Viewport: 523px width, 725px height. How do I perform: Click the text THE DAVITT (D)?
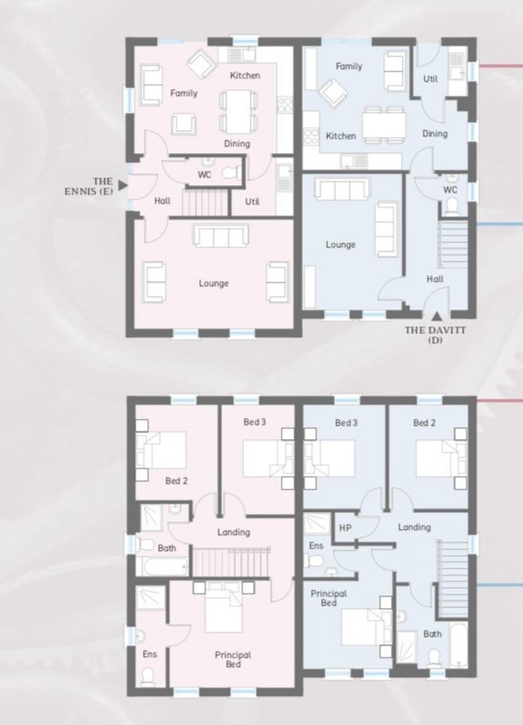point(435,334)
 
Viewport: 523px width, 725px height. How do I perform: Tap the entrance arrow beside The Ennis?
point(122,185)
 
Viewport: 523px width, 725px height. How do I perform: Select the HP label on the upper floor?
point(346,528)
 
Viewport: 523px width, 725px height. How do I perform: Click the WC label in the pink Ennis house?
point(205,173)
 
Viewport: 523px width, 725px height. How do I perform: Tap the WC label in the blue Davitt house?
point(450,190)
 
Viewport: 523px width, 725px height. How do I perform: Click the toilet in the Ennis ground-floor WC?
point(230,172)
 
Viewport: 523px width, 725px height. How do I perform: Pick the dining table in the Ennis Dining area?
point(235,111)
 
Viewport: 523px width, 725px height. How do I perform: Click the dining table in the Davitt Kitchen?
point(383,124)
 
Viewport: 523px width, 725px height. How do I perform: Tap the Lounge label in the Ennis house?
point(214,284)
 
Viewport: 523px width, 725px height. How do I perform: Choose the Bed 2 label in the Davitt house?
point(425,423)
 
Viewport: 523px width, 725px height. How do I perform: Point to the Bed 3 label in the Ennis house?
point(255,422)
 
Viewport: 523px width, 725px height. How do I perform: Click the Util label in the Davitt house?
point(430,78)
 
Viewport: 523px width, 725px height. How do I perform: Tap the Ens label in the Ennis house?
point(150,654)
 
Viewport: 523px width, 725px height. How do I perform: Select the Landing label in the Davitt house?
point(414,528)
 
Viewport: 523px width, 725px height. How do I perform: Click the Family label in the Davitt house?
point(349,67)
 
